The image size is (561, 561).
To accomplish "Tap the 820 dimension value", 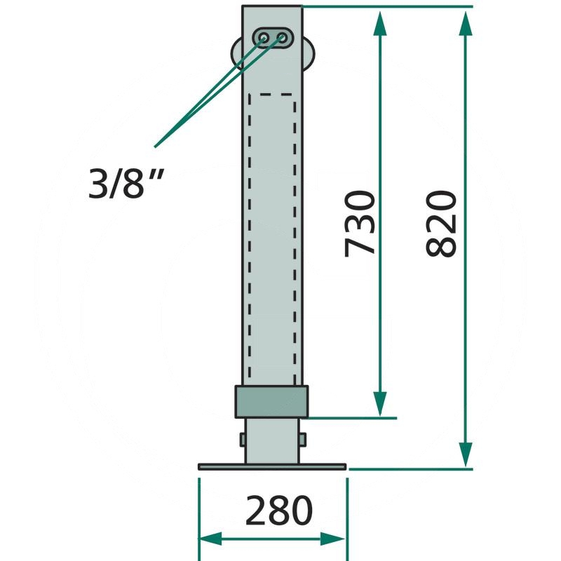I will click(x=442, y=223).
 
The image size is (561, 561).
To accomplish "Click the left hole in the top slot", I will click(x=265, y=36).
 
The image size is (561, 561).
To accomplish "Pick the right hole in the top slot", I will click(x=283, y=36).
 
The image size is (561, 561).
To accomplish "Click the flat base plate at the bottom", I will click(x=272, y=466).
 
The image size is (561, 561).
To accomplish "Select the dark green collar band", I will click(x=271, y=402).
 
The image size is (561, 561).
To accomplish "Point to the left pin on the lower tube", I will click(x=242, y=440).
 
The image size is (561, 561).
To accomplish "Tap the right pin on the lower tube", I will click(x=303, y=440).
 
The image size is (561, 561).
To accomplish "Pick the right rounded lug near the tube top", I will click(x=309, y=53).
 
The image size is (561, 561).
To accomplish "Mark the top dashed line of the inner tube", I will click(x=271, y=94).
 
